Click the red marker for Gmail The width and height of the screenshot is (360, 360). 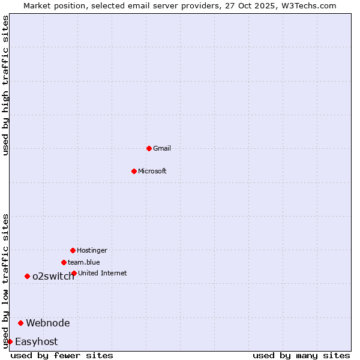click(149, 148)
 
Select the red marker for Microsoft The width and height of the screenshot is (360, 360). click(134, 171)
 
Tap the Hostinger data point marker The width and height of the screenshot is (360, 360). click(73, 250)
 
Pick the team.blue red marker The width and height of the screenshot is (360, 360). click(64, 262)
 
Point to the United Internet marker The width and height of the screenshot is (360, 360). click(74, 273)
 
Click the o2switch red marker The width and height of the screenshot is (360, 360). click(27, 276)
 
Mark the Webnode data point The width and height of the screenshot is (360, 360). click(20, 323)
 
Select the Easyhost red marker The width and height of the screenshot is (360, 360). click(10, 341)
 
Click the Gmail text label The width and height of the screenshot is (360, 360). click(162, 148)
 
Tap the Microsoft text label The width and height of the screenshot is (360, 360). click(152, 171)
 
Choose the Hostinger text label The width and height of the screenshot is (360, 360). click(92, 250)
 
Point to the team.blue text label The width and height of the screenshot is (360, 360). click(84, 262)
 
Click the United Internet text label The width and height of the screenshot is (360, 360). click(103, 273)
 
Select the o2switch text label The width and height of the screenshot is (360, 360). click(53, 276)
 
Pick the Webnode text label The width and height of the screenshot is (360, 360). click(48, 323)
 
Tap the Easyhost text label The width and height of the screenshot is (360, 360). click(37, 341)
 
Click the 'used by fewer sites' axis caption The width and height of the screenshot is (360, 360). click(62, 355)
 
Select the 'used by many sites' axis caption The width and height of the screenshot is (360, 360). click(301, 355)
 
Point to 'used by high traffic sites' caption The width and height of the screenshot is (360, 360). click(6, 85)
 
